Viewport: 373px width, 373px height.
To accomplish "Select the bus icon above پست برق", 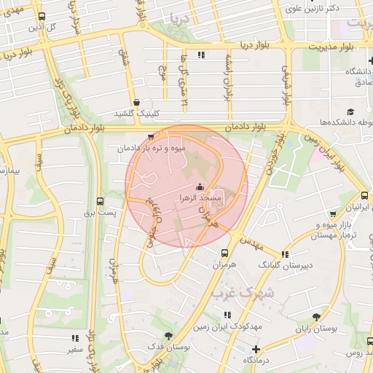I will point(100,201).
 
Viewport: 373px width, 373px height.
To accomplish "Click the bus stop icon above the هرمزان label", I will point(224,253).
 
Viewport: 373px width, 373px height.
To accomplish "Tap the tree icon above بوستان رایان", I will point(315,317).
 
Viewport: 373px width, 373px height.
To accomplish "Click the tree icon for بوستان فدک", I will point(169,336).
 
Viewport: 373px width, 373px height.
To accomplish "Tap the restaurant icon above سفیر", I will point(75,338).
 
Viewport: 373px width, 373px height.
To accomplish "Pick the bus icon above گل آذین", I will point(42,16).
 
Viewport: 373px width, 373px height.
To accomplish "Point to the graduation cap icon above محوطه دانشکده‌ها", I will point(350,111).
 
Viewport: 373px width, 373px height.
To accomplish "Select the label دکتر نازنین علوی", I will point(313,9).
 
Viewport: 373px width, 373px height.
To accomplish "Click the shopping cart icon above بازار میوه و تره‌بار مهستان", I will point(333,214).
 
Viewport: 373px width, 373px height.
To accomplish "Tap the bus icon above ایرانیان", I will point(364,195).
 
